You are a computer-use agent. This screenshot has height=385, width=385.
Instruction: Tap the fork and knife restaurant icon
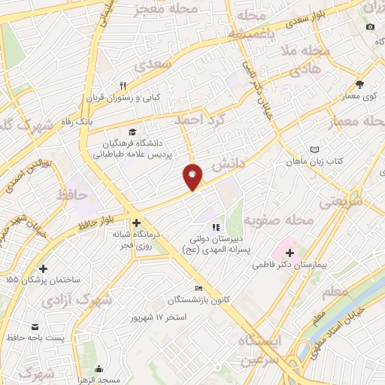(x=123, y=86)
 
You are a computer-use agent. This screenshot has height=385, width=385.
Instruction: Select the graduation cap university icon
(x=133, y=132)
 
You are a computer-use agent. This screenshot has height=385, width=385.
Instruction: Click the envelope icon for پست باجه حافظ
(x=35, y=327)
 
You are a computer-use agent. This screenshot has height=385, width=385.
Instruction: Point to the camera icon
(x=369, y=27)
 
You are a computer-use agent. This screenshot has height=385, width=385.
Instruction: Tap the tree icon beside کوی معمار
(x=359, y=83)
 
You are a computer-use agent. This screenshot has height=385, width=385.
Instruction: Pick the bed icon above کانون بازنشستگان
(x=199, y=288)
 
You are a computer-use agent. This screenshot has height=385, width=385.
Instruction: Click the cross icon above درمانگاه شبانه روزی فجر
(x=136, y=223)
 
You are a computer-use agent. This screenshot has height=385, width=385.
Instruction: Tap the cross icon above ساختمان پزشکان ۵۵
(x=43, y=268)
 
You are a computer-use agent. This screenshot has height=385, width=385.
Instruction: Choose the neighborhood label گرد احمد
(x=200, y=119)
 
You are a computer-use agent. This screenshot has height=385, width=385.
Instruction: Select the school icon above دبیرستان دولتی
(x=216, y=226)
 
